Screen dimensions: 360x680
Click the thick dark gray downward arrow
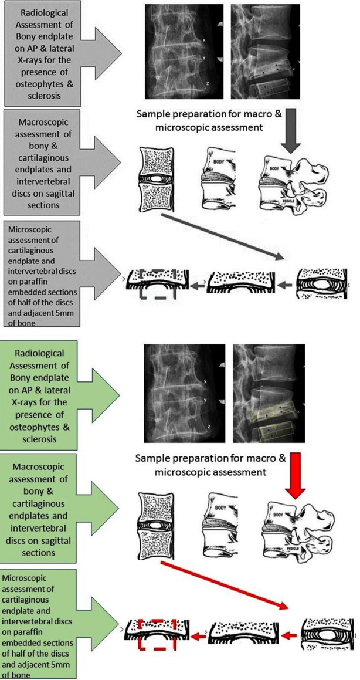291,131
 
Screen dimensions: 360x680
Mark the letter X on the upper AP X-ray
204,40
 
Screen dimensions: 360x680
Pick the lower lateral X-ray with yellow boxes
266,393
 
